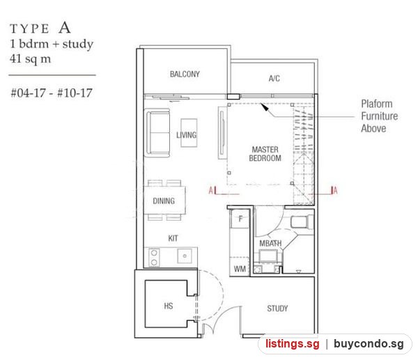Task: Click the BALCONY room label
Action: click(x=185, y=74)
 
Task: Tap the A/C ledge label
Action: click(x=274, y=79)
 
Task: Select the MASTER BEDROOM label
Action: click(x=265, y=154)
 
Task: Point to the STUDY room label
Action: click(x=277, y=308)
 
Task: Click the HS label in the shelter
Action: click(x=169, y=306)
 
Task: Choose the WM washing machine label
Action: click(x=240, y=269)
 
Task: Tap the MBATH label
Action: click(x=270, y=243)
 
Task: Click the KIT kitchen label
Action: click(x=173, y=238)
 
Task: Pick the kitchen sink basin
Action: click(x=185, y=256)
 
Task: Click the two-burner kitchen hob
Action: click(x=154, y=258)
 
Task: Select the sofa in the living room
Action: click(x=158, y=133)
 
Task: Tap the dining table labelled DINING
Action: click(x=164, y=201)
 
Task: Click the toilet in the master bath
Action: click(x=302, y=221)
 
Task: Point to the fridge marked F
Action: click(x=240, y=219)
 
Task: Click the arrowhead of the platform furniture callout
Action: click(x=265, y=107)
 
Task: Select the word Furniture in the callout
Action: click(x=380, y=116)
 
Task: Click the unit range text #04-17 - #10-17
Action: click(x=52, y=93)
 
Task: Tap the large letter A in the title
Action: click(x=65, y=28)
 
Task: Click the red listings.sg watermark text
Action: click(x=293, y=344)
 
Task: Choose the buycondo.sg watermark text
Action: click(x=369, y=344)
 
